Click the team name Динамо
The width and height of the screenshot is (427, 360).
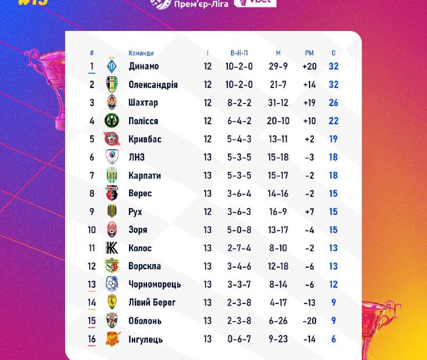[144, 67]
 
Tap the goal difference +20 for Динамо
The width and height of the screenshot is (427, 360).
[310, 67]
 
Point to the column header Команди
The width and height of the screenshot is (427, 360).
[141, 53]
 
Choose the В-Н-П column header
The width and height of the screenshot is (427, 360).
[239, 53]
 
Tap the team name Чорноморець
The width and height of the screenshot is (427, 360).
[155, 285]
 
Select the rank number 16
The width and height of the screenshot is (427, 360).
[92, 339]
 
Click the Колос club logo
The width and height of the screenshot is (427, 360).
[112, 248]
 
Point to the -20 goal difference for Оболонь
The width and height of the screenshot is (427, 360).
[310, 321]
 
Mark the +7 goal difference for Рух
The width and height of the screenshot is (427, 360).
[310, 212]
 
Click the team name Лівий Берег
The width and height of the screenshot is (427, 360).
[152, 303]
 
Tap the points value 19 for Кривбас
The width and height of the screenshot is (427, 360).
[334, 139]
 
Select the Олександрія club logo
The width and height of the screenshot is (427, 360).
[112, 85]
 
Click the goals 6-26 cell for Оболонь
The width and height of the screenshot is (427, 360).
[279, 321]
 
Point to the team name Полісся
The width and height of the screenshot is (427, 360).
[143, 121]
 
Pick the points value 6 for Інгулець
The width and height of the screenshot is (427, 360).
[334, 339]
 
